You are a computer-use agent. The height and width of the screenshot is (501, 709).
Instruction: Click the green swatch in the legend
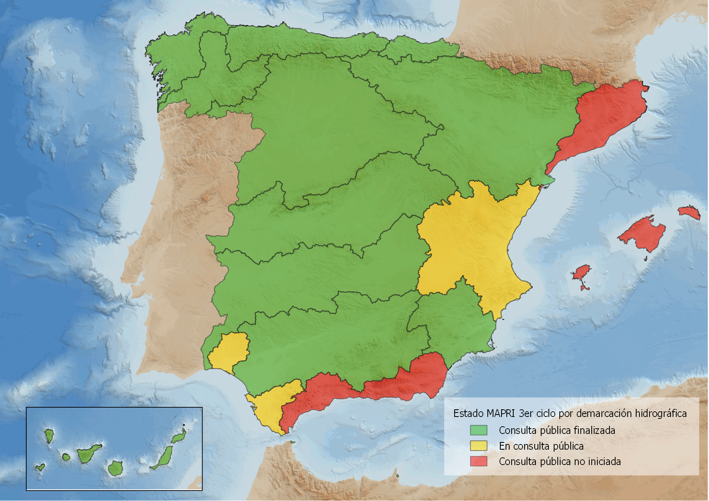point(478,430)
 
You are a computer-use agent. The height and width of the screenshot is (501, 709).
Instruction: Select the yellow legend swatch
point(478,446)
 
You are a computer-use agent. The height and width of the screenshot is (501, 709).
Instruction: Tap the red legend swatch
point(478,461)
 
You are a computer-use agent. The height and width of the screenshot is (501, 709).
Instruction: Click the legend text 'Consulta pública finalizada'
point(557,430)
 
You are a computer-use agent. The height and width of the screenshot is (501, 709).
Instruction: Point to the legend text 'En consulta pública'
point(541,446)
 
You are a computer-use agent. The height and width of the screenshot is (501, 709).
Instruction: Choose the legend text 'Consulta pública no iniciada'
point(560,461)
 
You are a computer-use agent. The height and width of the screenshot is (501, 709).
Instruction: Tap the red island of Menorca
point(689,212)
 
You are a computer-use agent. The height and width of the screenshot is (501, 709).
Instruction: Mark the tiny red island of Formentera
point(585,288)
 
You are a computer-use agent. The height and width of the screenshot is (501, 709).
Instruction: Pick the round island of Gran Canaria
point(116,469)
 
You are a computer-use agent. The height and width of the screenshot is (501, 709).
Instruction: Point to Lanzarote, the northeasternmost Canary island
point(178,437)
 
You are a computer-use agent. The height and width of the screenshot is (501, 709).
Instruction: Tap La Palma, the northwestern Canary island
point(49,436)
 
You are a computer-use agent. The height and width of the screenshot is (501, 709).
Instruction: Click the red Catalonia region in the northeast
point(603,117)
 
